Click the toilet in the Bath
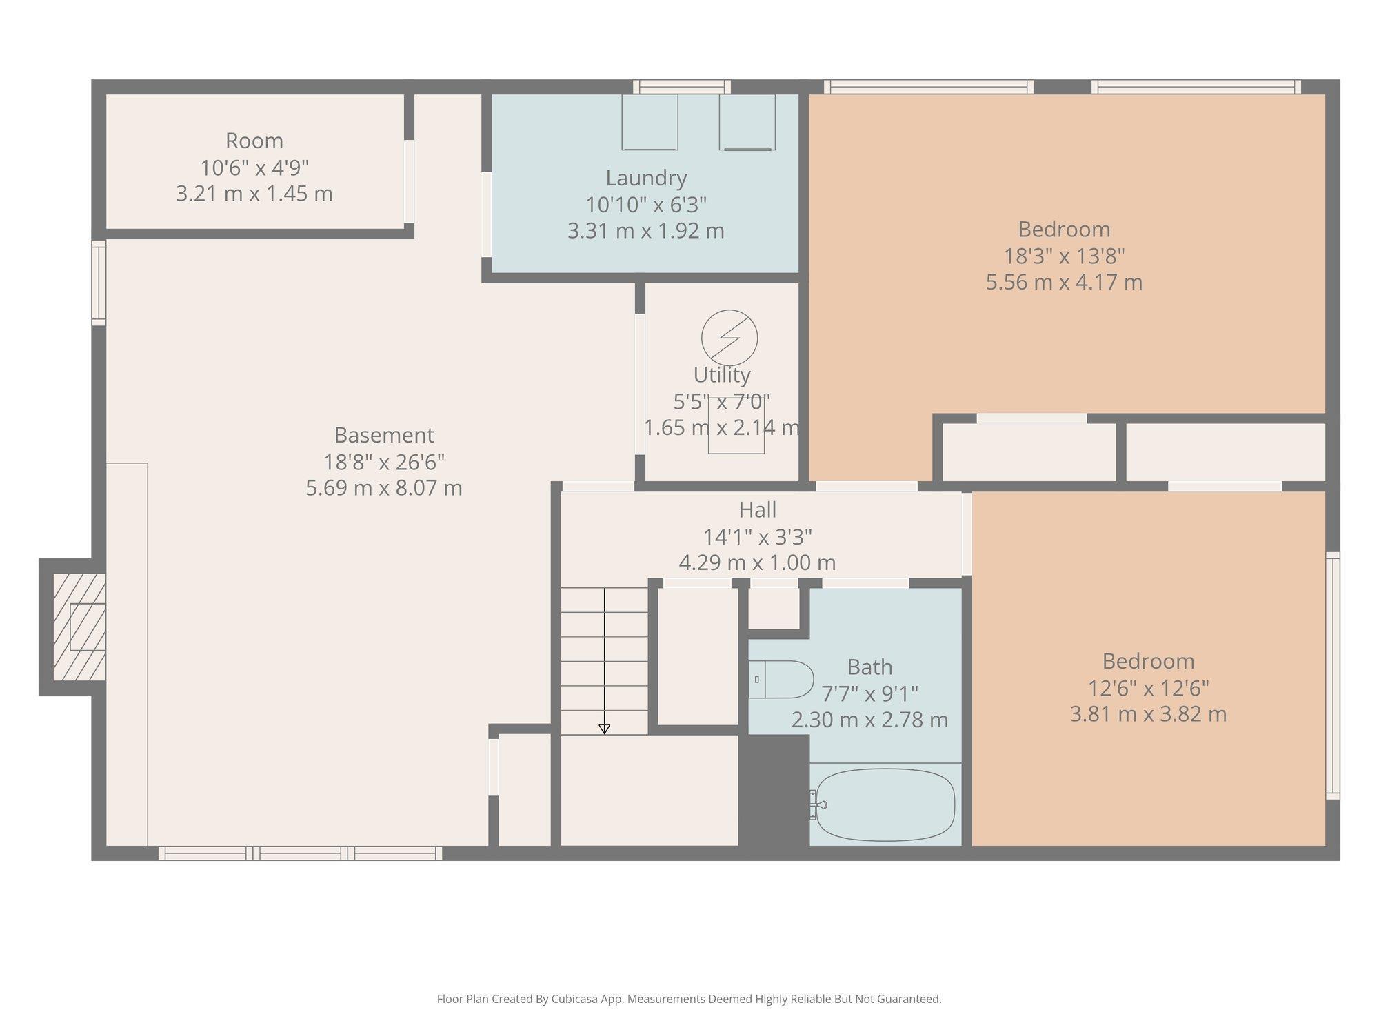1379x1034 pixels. coord(781,680)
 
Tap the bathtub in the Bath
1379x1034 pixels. coord(885,804)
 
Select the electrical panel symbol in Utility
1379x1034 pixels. coord(729,338)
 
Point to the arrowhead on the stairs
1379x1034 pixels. coord(605,729)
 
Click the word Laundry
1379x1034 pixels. coord(646,178)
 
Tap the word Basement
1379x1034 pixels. coord(384,435)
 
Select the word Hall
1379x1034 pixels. coord(757,510)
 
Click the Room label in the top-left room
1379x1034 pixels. coord(254,141)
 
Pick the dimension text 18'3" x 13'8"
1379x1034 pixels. coord(1064,256)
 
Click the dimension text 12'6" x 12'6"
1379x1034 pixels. coord(1148,688)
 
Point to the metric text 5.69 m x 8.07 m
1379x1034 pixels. coord(384,488)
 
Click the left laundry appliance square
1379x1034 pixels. coord(650,122)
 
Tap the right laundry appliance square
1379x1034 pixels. coord(747,122)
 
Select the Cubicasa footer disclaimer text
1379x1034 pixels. coord(689,999)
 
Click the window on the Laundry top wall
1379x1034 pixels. coord(681,87)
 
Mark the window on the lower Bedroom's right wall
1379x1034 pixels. coord(1333,676)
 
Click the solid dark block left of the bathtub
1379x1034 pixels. coord(774,790)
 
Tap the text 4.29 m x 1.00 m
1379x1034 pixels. coord(757,562)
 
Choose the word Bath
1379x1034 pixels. coord(869,667)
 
